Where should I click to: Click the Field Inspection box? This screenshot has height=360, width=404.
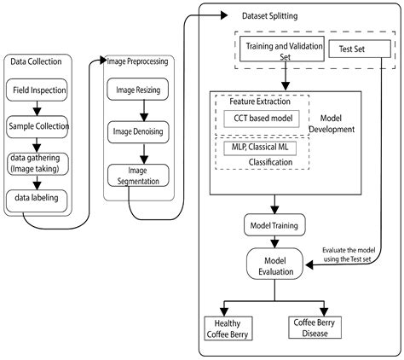coord(38,89)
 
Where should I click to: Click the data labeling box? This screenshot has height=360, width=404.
coord(37,198)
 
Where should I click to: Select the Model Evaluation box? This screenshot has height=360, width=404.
coord(274,264)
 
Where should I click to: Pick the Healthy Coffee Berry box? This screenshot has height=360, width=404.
coord(227,328)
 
